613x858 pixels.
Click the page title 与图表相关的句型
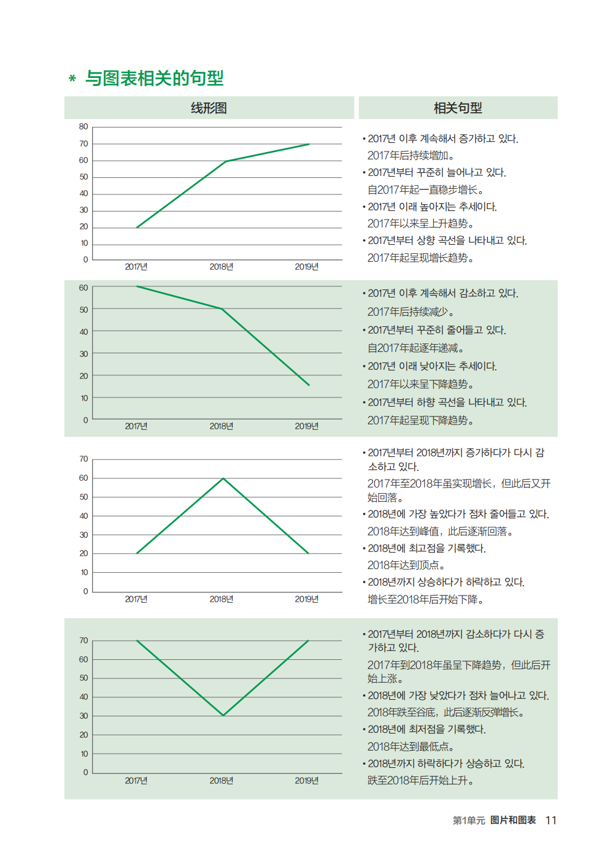click(154, 79)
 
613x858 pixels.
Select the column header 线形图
click(209, 108)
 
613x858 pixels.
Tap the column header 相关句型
click(458, 108)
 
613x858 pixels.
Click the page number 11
click(551, 820)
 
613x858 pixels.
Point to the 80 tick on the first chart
click(83, 127)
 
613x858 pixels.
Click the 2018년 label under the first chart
click(222, 267)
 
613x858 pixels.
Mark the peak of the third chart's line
click(223, 478)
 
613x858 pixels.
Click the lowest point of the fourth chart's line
click(223, 715)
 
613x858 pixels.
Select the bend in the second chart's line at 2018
click(222, 308)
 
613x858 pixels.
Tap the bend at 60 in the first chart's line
click(226, 161)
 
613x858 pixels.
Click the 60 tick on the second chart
click(83, 288)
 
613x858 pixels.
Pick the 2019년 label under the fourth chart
click(307, 781)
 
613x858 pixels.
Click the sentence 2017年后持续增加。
click(410, 156)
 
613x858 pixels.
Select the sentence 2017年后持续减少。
click(410, 312)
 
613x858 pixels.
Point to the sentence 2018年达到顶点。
click(406, 565)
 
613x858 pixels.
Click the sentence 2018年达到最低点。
click(410, 746)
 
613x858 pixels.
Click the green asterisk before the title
click(72, 79)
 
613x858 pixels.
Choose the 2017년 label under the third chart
click(136, 599)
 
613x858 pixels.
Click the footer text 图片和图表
click(513, 820)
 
